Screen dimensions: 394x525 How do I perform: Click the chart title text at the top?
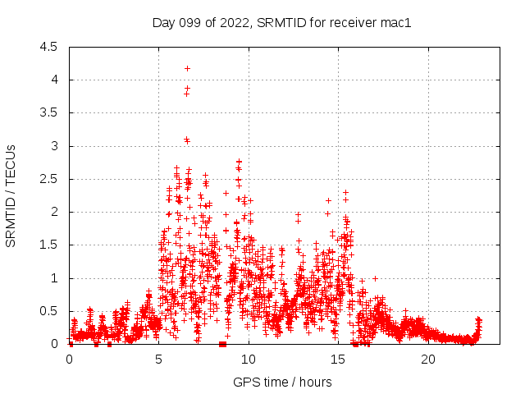[x=281, y=22]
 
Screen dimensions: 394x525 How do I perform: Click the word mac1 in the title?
[x=395, y=22]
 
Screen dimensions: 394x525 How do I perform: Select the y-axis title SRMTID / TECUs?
[x=11, y=195]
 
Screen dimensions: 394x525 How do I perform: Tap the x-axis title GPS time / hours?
[x=282, y=382]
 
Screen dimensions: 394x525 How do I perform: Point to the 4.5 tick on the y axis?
[x=50, y=47]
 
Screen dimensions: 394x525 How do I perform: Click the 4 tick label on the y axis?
[x=54, y=80]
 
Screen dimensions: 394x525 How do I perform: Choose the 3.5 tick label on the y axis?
[x=50, y=113]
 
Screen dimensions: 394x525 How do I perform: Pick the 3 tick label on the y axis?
[x=54, y=146]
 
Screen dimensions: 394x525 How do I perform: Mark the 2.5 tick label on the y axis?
[x=50, y=179]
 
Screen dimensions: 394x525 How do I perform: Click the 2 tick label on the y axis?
[x=54, y=212]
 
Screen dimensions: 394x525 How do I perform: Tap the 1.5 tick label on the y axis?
[x=50, y=245]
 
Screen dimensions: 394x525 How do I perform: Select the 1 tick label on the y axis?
[x=54, y=278]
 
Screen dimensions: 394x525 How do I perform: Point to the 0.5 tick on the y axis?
[x=50, y=311]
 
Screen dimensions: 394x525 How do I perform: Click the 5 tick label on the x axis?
[x=158, y=360]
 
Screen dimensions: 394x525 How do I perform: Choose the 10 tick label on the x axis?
[x=249, y=360]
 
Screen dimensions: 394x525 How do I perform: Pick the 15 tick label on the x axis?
[x=338, y=360]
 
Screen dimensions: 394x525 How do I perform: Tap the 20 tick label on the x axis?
[x=428, y=360]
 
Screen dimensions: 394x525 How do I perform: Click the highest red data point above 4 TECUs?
[x=187, y=68]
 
